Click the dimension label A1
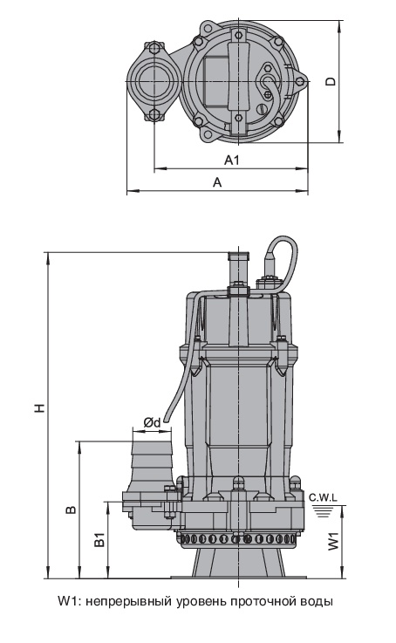pyautogui.click(x=232, y=160)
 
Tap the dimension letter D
pyautogui.click(x=331, y=81)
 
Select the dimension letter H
pyautogui.click(x=39, y=407)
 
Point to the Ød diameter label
pyautogui.click(x=152, y=422)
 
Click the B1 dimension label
pyautogui.click(x=99, y=540)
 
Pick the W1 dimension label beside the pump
pyautogui.click(x=334, y=541)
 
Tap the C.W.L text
pyautogui.click(x=323, y=498)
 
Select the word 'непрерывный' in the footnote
pyautogui.click(x=129, y=602)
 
